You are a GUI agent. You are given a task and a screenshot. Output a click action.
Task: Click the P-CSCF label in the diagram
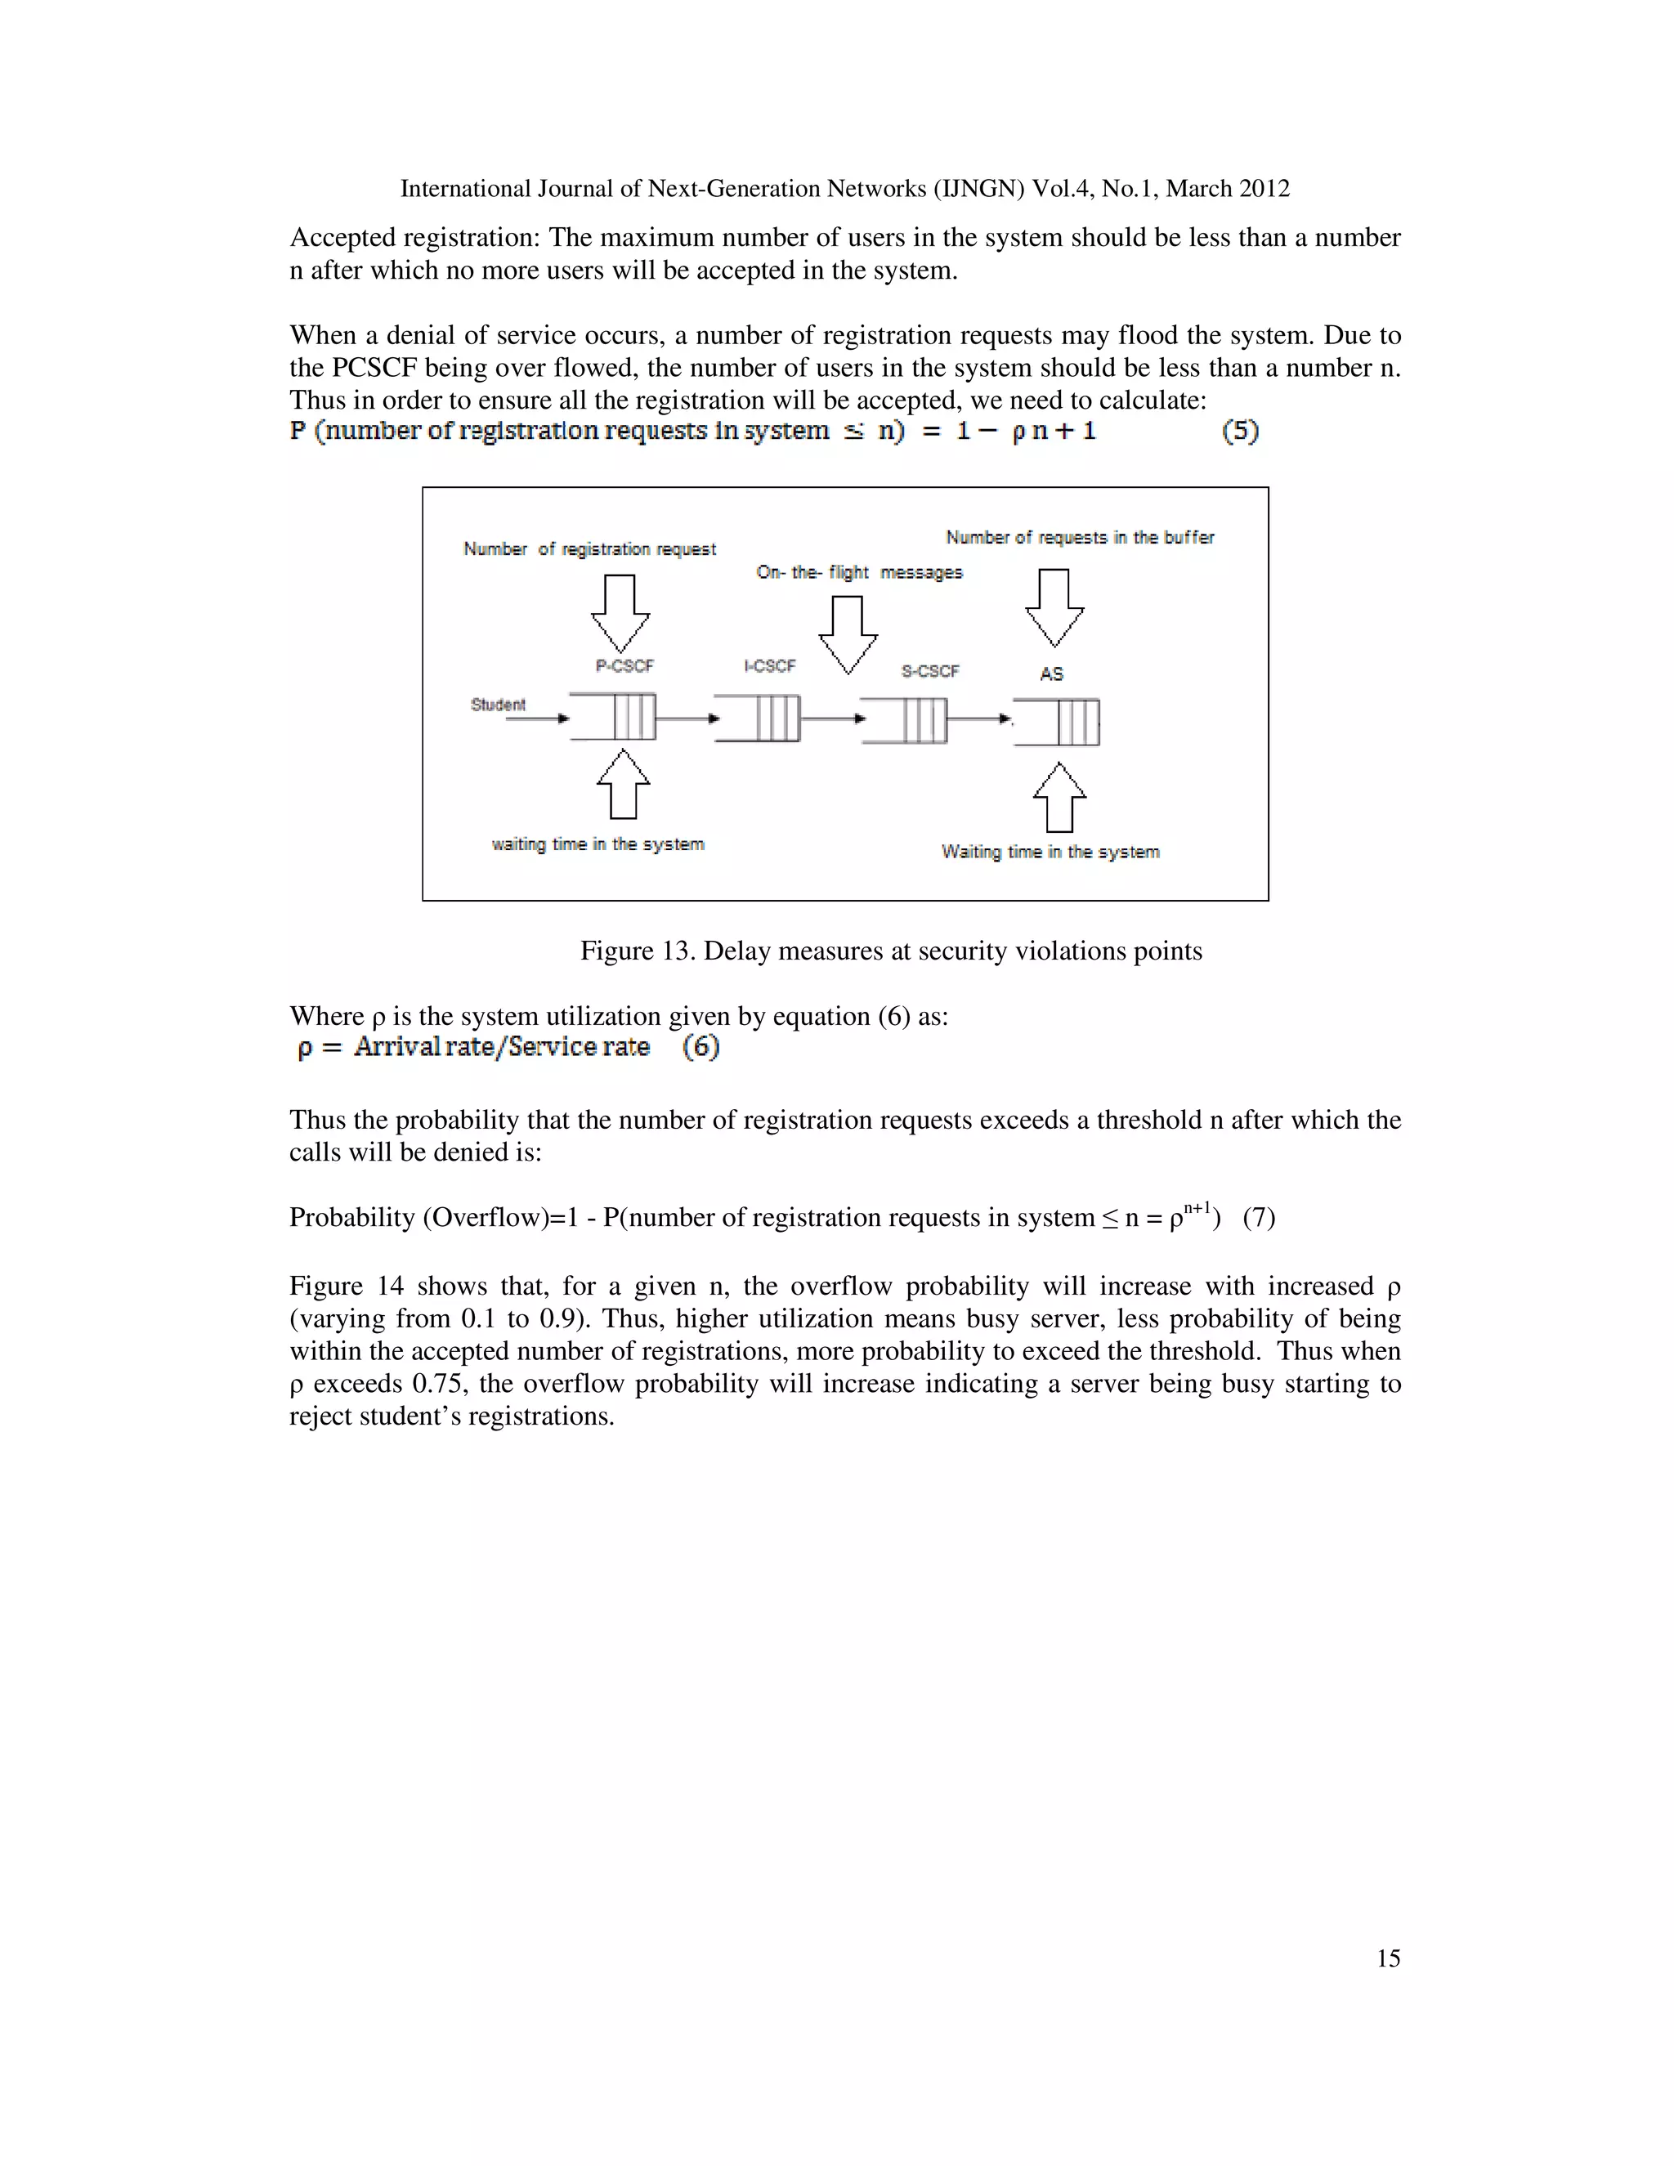click(624, 665)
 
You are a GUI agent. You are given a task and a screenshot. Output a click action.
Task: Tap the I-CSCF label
click(769, 665)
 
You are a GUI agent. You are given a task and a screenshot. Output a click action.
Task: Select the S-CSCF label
click(929, 671)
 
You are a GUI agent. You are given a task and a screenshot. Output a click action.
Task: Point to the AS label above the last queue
click(1051, 674)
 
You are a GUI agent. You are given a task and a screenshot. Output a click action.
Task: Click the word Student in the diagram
click(498, 704)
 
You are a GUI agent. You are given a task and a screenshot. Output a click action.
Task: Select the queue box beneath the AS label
click(1057, 722)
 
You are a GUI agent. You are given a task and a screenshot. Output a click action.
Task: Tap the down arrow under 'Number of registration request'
click(621, 613)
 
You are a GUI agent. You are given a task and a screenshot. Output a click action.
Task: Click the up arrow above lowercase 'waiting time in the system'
click(623, 785)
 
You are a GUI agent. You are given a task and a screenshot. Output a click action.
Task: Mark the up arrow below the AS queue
click(1059, 798)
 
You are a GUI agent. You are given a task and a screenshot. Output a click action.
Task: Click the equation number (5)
click(1240, 432)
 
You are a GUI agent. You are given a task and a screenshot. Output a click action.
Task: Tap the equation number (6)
click(700, 1047)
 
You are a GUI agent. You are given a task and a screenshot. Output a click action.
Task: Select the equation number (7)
click(1259, 1218)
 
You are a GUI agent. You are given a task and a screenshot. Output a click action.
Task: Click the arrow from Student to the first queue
click(536, 718)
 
